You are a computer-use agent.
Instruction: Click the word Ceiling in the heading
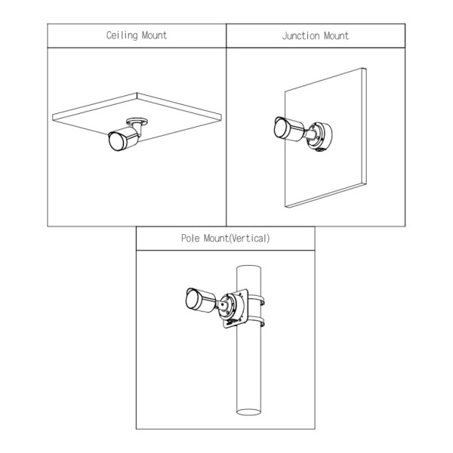pyautogui.click(x=122, y=35)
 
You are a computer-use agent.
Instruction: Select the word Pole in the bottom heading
pyautogui.click(x=190, y=239)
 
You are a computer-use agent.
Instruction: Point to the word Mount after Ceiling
pyautogui.click(x=154, y=35)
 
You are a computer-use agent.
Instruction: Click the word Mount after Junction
pyautogui.click(x=336, y=35)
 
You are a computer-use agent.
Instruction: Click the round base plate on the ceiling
pyautogui.click(x=137, y=121)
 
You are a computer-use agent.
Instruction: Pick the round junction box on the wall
pyautogui.click(x=320, y=137)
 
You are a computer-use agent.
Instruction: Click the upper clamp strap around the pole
pyautogui.click(x=256, y=299)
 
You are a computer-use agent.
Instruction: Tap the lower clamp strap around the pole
pyautogui.click(x=256, y=322)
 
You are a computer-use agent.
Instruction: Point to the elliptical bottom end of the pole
pyautogui.click(x=248, y=411)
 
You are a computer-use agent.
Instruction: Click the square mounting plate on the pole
pyautogui.click(x=236, y=308)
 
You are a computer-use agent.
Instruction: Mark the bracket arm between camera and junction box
pyautogui.click(x=309, y=134)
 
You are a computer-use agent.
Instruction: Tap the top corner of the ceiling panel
pyautogui.click(x=137, y=93)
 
